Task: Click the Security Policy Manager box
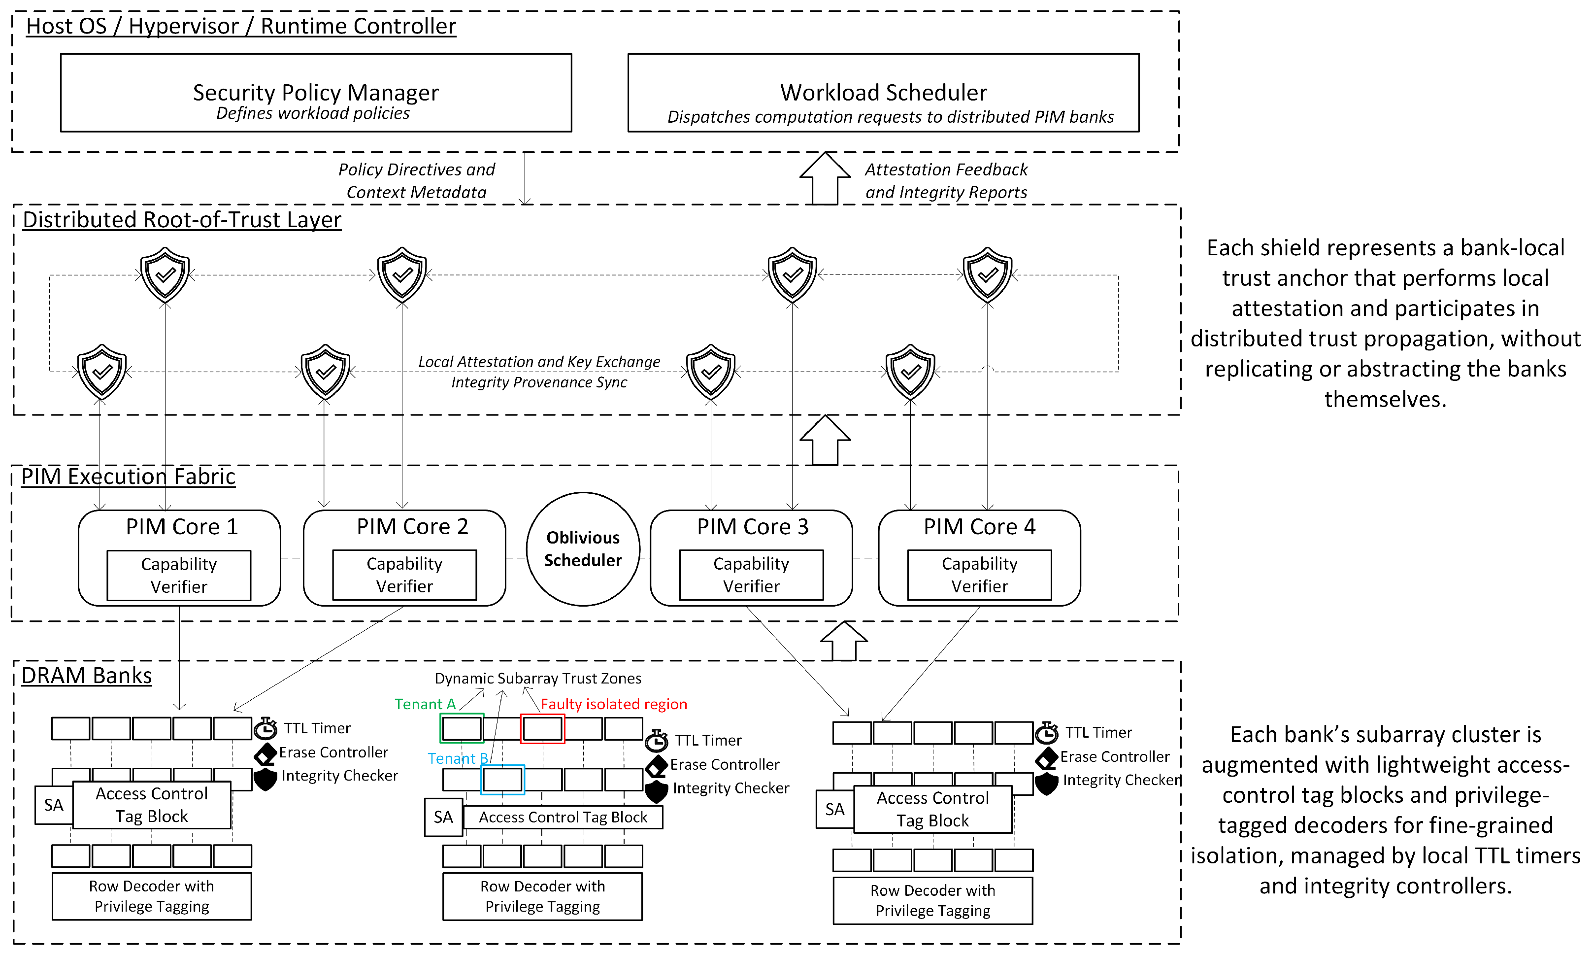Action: pos(316,93)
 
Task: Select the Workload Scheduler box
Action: pos(883,93)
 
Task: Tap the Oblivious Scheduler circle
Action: pos(583,549)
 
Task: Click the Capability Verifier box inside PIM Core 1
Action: pos(179,575)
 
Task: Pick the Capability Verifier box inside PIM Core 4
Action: pos(979,575)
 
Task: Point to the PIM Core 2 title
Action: pos(412,526)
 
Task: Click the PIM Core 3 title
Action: pos(752,526)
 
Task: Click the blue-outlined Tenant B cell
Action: pos(502,780)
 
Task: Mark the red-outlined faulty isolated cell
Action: pos(542,729)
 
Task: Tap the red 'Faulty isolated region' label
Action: pos(614,704)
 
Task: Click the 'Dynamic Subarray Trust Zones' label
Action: pos(538,679)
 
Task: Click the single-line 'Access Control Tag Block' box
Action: pos(563,817)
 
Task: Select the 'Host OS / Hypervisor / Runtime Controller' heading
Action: pos(241,26)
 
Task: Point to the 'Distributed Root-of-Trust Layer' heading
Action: pos(182,220)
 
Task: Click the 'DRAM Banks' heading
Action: pos(86,675)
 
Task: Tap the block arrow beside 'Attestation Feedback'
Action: pos(825,178)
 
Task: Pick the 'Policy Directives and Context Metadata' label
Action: pos(417,180)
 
